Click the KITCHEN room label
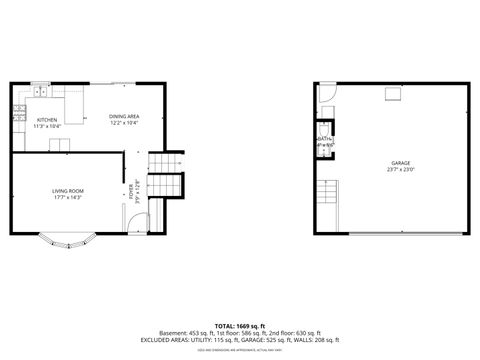47,120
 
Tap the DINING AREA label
124,117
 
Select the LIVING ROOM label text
68,190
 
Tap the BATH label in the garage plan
325,139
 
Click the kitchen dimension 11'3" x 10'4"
47,127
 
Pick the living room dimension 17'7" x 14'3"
68,197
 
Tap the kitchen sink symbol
40,91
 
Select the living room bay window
68,239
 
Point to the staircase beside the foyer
165,176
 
